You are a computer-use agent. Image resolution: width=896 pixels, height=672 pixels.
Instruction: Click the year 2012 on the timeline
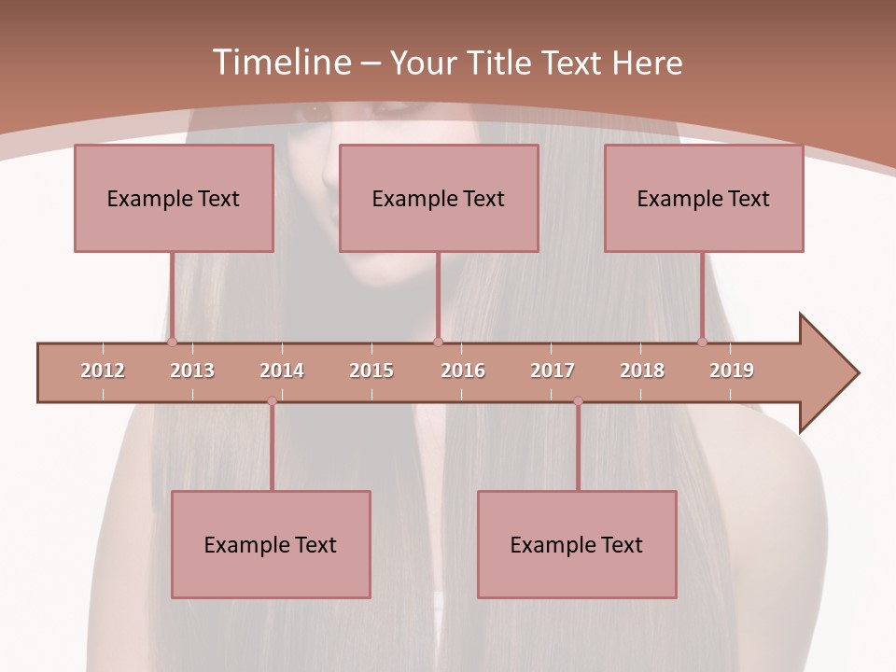pos(103,371)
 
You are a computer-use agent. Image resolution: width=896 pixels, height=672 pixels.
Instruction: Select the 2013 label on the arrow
pos(192,371)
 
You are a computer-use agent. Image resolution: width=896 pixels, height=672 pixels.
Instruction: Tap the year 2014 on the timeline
pos(282,371)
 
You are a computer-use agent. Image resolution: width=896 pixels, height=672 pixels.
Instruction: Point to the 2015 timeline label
pos(371,371)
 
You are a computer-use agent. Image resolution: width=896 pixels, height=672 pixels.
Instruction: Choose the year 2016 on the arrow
pos(463,371)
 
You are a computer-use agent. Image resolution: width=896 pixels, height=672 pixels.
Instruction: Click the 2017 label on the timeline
pos(553,371)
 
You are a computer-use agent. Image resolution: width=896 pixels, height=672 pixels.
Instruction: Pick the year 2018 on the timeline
pos(642,371)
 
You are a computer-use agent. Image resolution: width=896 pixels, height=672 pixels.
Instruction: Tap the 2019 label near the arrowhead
pos(732,371)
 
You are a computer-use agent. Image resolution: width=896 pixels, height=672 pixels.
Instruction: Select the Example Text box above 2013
pos(174,198)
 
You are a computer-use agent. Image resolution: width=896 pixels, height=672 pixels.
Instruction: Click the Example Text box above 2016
pos(439,198)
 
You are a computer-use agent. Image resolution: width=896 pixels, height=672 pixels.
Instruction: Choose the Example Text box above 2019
pos(704,198)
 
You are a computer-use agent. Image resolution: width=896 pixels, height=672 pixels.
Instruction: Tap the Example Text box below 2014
pos(271,544)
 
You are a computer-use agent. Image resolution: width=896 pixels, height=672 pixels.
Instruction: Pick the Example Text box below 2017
pos(577,544)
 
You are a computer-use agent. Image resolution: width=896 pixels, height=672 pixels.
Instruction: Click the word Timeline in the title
pos(280,63)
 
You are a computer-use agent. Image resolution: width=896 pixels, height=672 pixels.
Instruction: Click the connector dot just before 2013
pos(172,342)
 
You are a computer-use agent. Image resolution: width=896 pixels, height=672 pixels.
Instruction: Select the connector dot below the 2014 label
pos(272,401)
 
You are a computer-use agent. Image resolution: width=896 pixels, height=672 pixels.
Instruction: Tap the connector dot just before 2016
pos(438,342)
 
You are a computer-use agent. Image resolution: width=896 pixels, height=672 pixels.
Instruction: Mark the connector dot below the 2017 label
pos(578,401)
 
